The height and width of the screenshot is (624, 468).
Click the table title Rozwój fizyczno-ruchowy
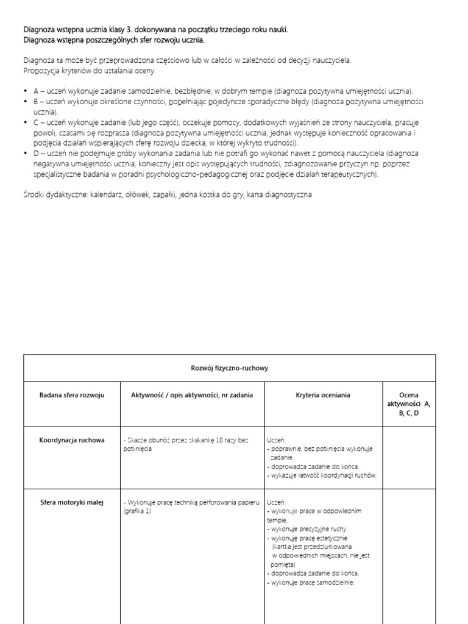(x=230, y=368)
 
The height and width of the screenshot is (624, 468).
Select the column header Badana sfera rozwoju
(x=72, y=395)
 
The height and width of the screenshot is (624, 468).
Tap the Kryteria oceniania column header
(x=324, y=395)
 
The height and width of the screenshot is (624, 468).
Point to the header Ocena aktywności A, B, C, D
(x=408, y=404)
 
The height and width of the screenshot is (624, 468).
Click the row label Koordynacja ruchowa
(x=72, y=440)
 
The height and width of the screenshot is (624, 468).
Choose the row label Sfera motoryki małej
(x=72, y=502)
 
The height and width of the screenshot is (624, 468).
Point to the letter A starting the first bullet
(x=36, y=90)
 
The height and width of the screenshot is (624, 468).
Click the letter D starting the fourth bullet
(x=36, y=154)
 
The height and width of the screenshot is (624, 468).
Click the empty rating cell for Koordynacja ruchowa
(x=408, y=457)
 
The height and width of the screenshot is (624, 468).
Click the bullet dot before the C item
(x=26, y=122)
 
